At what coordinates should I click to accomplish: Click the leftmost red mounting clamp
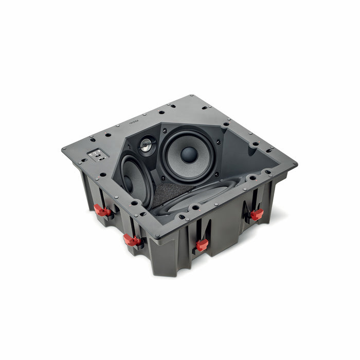pyautogui.click(x=102, y=210)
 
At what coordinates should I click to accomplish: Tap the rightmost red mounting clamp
pyautogui.click(x=256, y=214)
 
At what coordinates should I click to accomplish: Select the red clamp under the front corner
pyautogui.click(x=202, y=244)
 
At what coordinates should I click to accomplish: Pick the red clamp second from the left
pyautogui.click(x=132, y=239)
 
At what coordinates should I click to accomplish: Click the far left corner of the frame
pyautogui.click(x=63, y=149)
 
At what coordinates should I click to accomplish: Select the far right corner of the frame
pyautogui.click(x=296, y=165)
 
